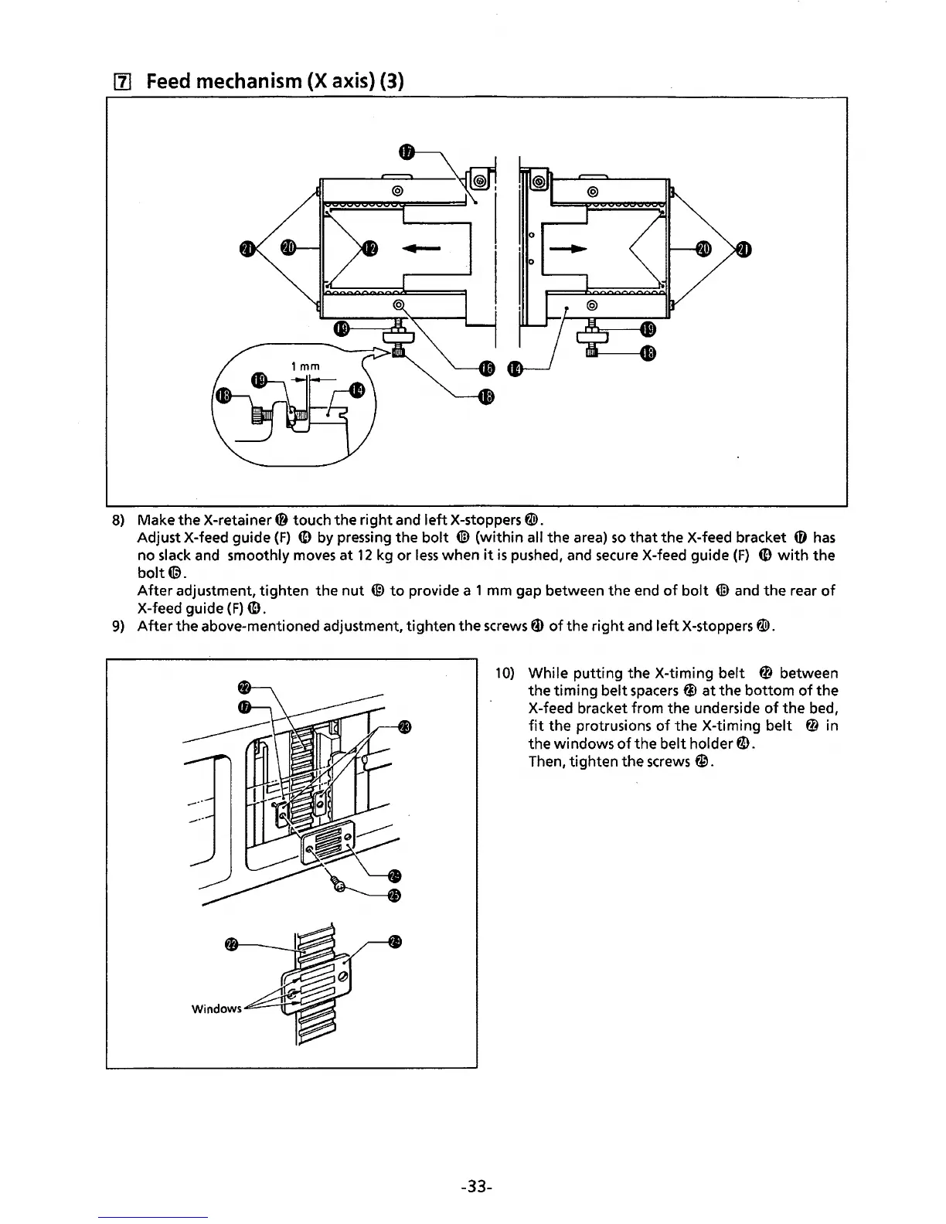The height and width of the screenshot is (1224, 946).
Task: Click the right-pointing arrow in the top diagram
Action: (x=567, y=249)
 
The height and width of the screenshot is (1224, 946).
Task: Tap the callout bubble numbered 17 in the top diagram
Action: (x=409, y=152)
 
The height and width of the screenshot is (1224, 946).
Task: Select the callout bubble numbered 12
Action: (x=370, y=247)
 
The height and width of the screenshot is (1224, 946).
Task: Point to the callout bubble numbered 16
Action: (x=485, y=370)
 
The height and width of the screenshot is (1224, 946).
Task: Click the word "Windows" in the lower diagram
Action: (x=216, y=1008)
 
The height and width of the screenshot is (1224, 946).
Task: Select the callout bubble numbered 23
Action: (x=404, y=726)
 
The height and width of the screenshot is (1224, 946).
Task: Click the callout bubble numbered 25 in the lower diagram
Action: (x=395, y=896)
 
